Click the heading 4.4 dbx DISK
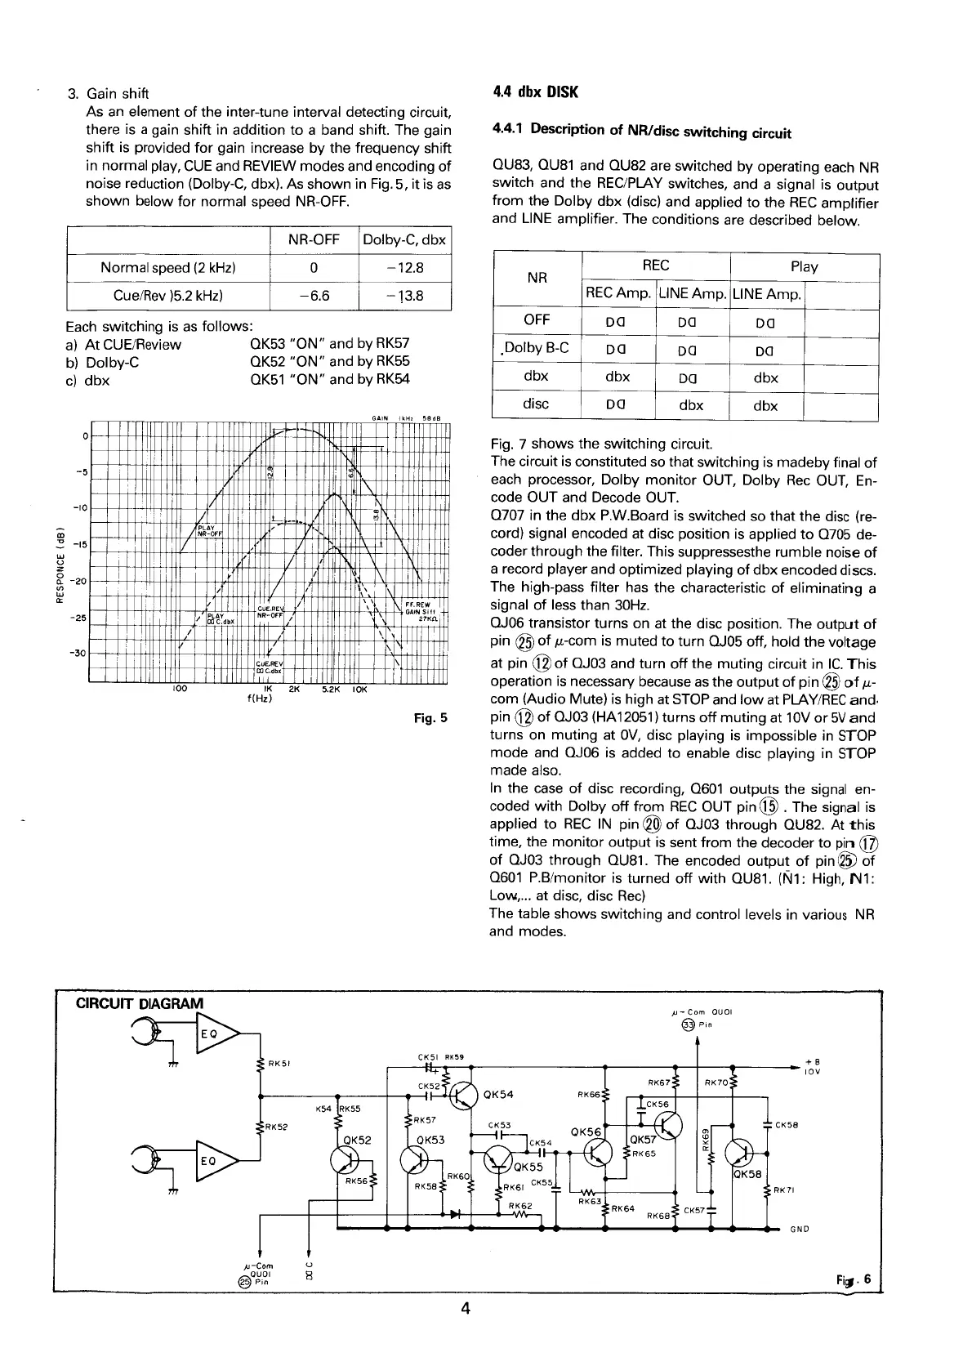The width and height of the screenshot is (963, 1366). (535, 92)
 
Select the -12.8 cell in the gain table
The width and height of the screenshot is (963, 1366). (405, 267)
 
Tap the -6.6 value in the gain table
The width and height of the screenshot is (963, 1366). (314, 296)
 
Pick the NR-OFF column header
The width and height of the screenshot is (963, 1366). (314, 239)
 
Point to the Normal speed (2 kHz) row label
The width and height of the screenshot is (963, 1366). (168, 267)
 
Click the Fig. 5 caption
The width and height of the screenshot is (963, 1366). (431, 719)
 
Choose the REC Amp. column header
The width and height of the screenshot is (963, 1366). (618, 294)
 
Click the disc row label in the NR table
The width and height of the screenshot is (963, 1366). (536, 404)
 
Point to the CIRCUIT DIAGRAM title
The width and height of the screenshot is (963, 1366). (140, 1003)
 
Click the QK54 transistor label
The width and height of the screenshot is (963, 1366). (498, 1096)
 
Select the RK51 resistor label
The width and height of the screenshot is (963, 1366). (279, 1064)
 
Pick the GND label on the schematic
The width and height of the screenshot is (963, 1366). (800, 1229)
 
